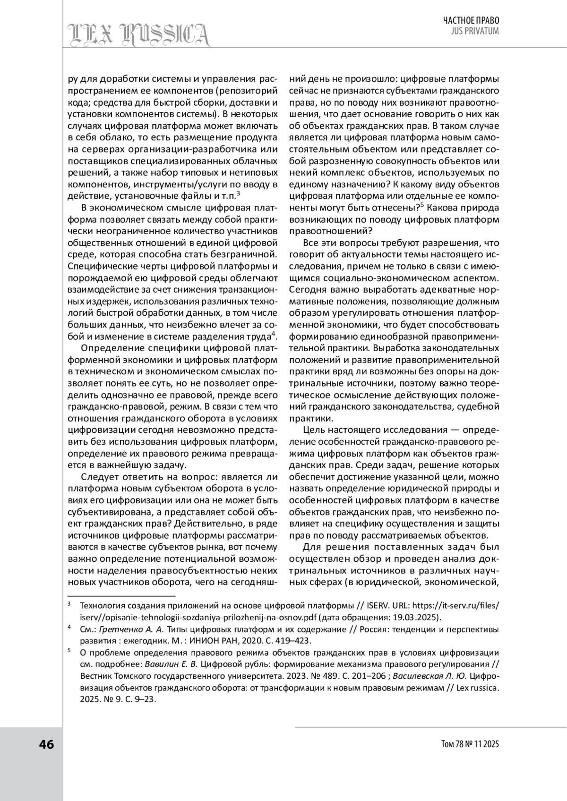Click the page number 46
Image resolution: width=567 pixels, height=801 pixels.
click(46, 744)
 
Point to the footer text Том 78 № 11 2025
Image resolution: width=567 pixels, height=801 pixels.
click(470, 744)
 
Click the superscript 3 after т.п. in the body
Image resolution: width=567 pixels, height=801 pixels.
click(238, 193)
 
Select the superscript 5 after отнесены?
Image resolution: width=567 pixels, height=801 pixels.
click(422, 205)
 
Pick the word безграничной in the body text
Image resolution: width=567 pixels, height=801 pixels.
click(244, 255)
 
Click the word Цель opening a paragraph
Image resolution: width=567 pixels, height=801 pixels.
click(313, 430)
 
